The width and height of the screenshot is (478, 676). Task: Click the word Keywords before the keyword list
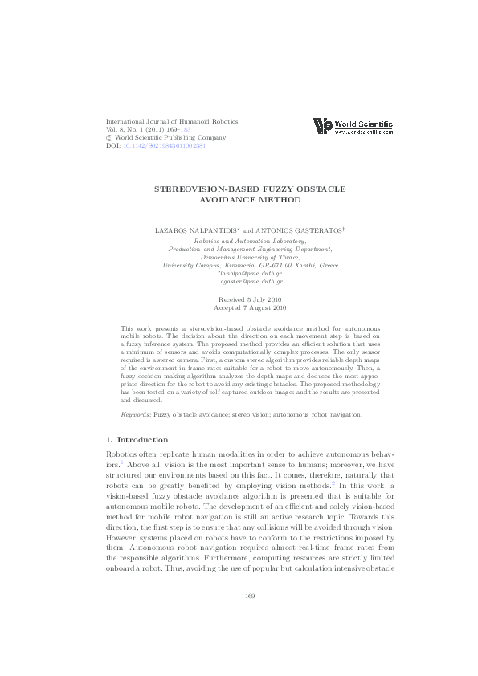[135, 415]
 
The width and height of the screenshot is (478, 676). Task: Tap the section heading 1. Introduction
[137, 440]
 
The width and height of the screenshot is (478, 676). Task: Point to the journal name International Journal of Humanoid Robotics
[172, 121]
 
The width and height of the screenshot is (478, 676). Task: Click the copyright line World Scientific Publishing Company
[171, 138]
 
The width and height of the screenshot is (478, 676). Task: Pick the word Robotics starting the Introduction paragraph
[122, 454]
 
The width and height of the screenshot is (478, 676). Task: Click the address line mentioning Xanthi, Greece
[250, 264]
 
